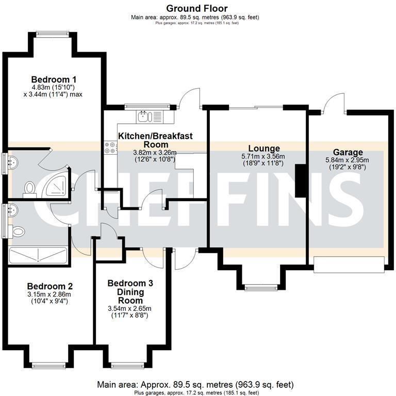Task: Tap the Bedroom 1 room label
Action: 54,79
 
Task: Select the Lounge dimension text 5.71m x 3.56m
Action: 263,157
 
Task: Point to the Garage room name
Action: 348,152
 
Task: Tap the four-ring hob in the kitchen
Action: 110,148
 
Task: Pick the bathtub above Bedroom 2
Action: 38,255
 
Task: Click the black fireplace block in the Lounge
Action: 299,180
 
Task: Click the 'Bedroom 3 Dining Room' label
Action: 129,291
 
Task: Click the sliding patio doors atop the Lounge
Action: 256,107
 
